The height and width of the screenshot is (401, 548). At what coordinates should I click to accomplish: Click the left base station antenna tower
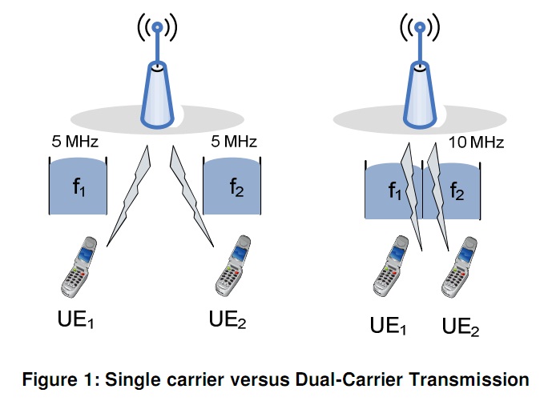[158, 92]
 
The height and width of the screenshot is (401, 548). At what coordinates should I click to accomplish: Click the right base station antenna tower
[417, 92]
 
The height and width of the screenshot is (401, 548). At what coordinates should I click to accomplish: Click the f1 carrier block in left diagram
[78, 188]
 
